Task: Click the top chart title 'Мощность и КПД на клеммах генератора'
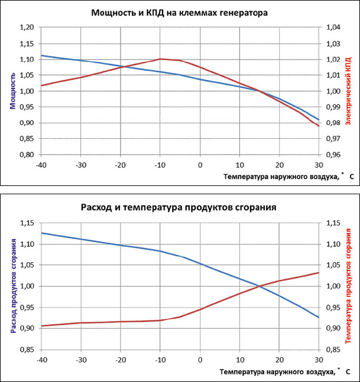(x=180, y=12)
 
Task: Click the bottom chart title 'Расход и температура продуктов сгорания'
(x=180, y=207)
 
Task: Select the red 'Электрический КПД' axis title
(x=348, y=91)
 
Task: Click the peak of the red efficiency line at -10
(x=160, y=58)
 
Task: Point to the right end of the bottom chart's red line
(x=319, y=273)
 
